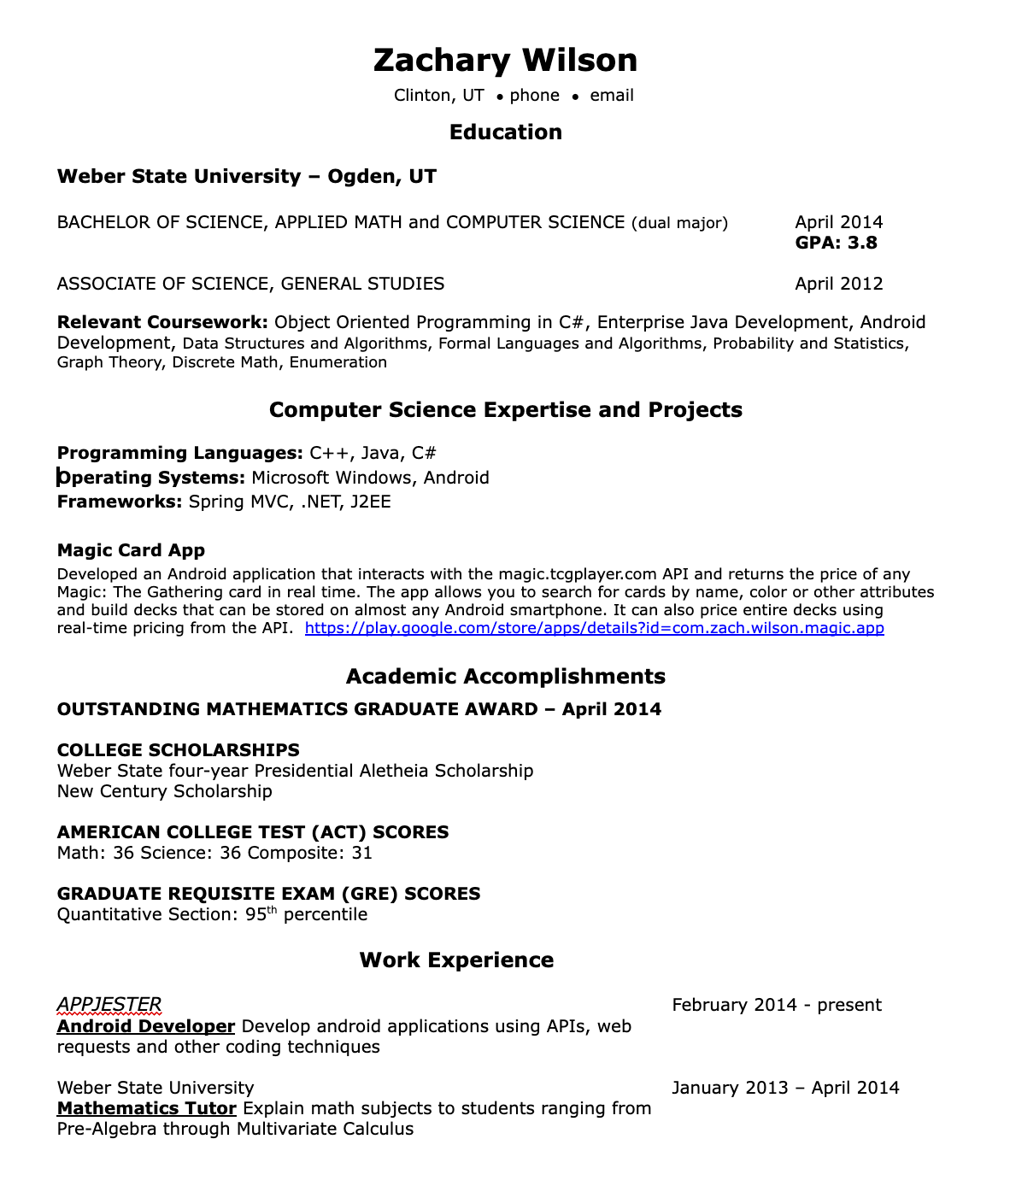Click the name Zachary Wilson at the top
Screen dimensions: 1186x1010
tap(505, 60)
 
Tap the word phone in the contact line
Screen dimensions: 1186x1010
tap(534, 96)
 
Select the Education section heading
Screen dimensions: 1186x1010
tap(505, 132)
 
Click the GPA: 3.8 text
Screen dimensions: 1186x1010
tap(836, 243)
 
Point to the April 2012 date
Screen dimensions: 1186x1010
tap(838, 284)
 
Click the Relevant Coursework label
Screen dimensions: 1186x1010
tap(162, 322)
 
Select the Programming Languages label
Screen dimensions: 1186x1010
tap(179, 453)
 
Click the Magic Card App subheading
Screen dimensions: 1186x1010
tap(131, 550)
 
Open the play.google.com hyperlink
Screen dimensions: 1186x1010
tap(594, 628)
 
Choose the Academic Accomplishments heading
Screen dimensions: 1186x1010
tap(505, 676)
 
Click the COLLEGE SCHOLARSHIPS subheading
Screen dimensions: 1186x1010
tap(178, 750)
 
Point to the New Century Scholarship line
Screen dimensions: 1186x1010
tap(164, 791)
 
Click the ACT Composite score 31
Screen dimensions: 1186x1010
tap(361, 853)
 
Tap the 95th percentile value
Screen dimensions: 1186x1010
tap(255, 914)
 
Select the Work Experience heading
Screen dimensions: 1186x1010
tap(456, 960)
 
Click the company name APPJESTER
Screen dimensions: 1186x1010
tap(109, 1005)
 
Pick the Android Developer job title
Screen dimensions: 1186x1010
tap(145, 1026)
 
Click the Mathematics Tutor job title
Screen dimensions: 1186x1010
tap(146, 1108)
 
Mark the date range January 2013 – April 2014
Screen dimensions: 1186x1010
tap(785, 1088)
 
